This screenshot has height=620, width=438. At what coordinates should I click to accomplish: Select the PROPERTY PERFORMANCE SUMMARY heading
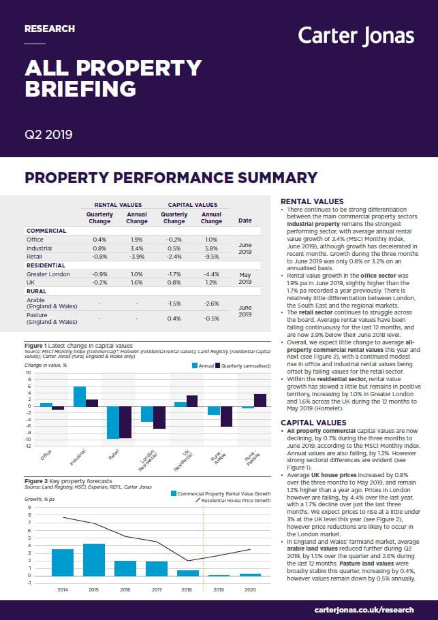pyautogui.click(x=171, y=178)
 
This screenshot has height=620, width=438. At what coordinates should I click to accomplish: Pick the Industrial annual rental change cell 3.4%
pyautogui.click(x=136, y=248)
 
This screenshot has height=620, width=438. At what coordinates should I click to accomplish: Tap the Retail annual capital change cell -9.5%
pyautogui.click(x=211, y=257)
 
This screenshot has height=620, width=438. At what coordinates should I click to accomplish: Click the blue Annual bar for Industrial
pyautogui.click(x=80, y=396)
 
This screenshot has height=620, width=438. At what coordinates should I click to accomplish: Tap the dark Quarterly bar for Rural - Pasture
pyautogui.click(x=260, y=400)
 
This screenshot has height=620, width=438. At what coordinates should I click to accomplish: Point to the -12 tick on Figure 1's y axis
pyautogui.click(x=28, y=446)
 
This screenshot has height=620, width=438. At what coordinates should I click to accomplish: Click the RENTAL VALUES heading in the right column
pyautogui.click(x=312, y=201)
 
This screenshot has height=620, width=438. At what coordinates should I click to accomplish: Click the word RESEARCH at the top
pyautogui.click(x=49, y=29)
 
